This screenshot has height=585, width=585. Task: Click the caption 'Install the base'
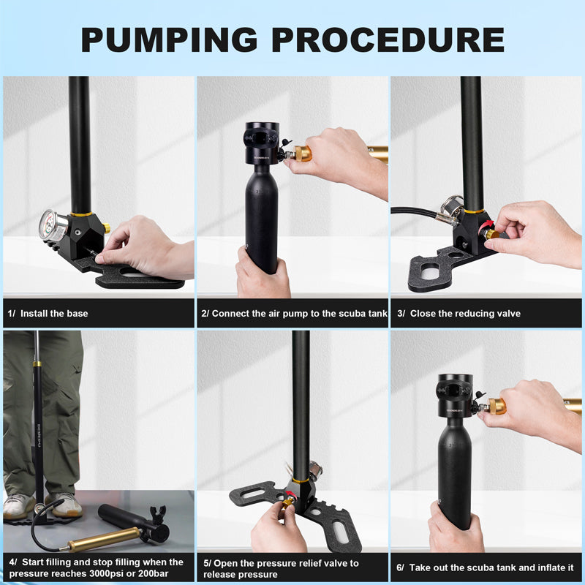point(53,313)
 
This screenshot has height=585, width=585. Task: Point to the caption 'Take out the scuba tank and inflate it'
point(491,567)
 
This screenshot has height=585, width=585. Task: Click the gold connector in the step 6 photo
point(497,406)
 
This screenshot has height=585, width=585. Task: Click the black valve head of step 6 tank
point(454,396)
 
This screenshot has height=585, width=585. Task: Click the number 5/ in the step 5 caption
point(207,563)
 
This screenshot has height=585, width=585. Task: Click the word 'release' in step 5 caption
point(220,574)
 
